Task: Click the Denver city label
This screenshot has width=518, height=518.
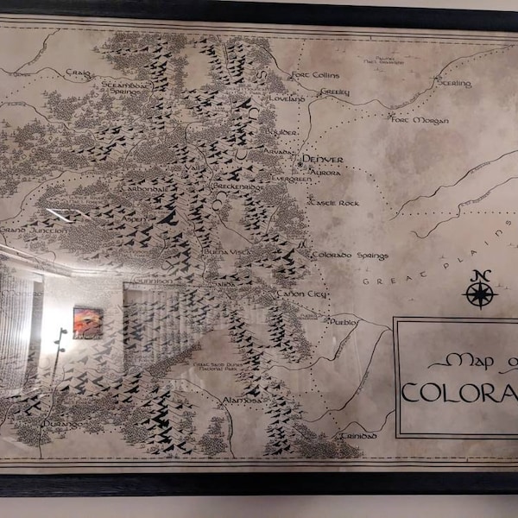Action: (324, 160)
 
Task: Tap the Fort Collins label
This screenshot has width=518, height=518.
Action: (315, 75)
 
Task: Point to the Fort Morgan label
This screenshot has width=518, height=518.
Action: (420, 120)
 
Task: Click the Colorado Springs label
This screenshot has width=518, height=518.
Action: (350, 256)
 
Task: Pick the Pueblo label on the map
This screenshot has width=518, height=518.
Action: (344, 321)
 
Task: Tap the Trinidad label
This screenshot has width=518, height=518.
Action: (358, 436)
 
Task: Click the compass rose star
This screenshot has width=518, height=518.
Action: (480, 294)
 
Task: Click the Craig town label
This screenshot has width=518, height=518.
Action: (79, 74)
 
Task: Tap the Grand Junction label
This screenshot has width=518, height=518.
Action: (33, 231)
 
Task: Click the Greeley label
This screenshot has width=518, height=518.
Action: (334, 92)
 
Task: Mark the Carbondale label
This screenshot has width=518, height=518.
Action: (148, 187)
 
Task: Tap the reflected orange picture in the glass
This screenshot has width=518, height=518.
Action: (87, 322)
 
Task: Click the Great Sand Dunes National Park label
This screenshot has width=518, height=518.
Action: (226, 369)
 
